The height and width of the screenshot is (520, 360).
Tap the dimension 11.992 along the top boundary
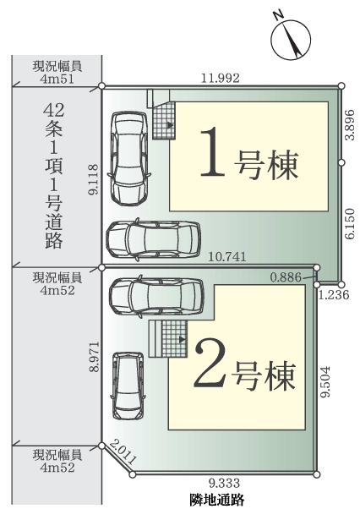coord(221,77)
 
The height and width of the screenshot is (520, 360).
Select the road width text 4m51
coord(56,79)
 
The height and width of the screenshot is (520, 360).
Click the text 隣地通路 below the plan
coord(218,501)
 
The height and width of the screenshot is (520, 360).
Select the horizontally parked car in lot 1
coord(152,240)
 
